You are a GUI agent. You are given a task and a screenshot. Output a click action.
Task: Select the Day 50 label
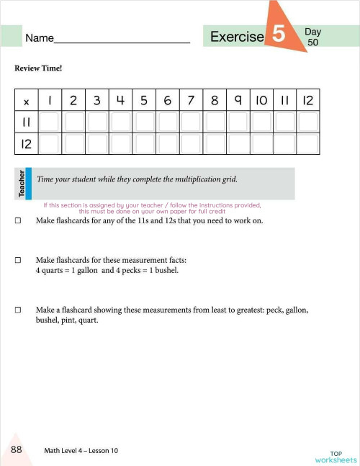pyautogui.click(x=312, y=37)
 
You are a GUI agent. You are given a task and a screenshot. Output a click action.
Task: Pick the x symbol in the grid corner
pyautogui.click(x=27, y=101)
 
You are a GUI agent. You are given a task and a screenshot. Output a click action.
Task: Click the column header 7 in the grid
pyautogui.click(x=191, y=101)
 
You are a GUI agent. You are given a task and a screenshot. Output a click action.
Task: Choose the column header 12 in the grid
pyautogui.click(x=307, y=101)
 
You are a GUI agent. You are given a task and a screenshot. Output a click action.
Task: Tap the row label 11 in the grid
pyautogui.click(x=27, y=122)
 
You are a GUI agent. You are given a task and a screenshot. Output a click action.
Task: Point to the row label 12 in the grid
pyautogui.click(x=27, y=144)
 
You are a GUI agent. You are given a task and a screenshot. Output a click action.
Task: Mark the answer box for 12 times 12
pyautogui.click(x=307, y=144)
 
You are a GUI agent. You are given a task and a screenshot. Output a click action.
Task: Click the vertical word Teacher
pyautogui.click(x=22, y=184)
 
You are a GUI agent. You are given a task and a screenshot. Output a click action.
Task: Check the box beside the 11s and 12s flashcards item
pyautogui.click(x=17, y=221)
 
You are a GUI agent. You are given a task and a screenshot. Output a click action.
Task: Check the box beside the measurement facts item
pyautogui.click(x=17, y=260)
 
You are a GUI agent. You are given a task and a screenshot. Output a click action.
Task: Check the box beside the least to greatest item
pyautogui.click(x=17, y=310)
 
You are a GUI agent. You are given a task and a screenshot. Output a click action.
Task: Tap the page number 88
pyautogui.click(x=16, y=449)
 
